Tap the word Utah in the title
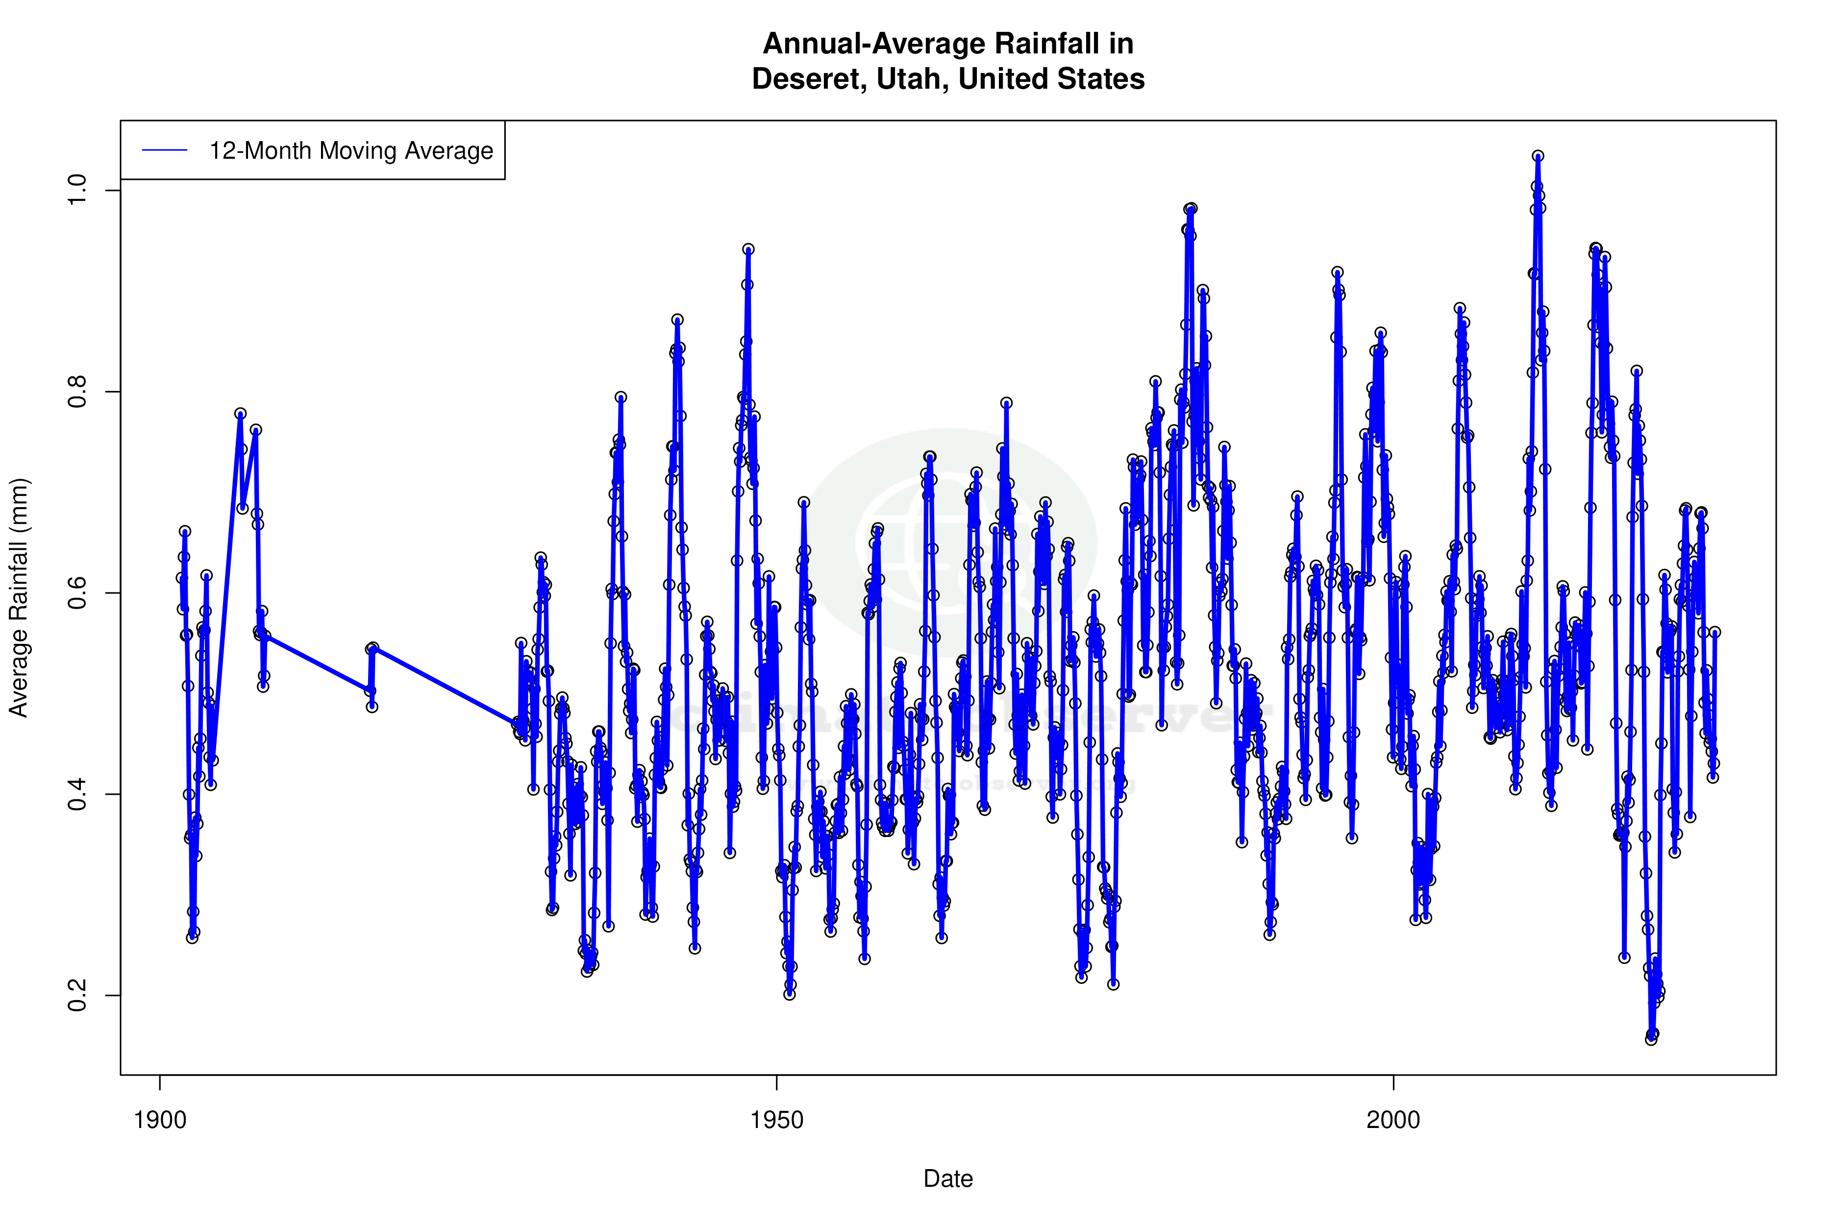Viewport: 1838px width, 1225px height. pyautogui.click(x=913, y=79)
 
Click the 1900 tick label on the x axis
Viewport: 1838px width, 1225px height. pyautogui.click(x=160, y=1120)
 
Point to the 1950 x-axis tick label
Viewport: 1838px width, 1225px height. pyautogui.click(x=777, y=1120)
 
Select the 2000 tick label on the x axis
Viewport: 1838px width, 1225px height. pyautogui.click(x=1393, y=1120)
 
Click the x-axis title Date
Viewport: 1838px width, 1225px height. pyautogui.click(x=948, y=1179)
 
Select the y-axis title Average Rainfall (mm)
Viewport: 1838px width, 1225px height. pyautogui.click(x=19, y=598)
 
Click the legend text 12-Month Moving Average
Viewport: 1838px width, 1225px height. pyautogui.click(x=351, y=151)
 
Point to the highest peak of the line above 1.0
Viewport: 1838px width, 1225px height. pyautogui.click(x=1538, y=156)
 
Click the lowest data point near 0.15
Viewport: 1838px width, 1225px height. pyautogui.click(x=1650, y=1039)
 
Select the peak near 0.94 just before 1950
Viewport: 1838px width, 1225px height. pyautogui.click(x=748, y=250)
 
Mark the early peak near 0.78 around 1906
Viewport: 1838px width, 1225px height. pyautogui.click(x=241, y=414)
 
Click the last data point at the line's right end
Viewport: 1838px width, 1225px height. pyautogui.click(x=1715, y=632)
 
